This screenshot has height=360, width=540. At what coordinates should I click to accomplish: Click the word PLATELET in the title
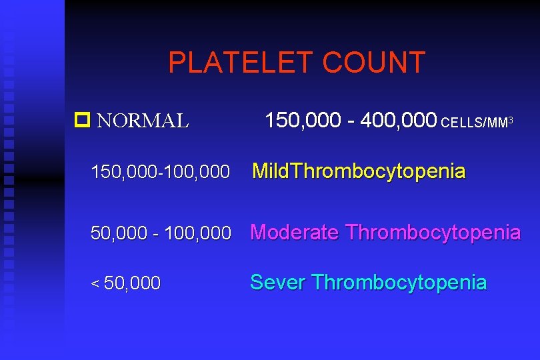[x=241, y=63]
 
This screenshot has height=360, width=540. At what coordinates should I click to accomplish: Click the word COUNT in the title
[x=374, y=63]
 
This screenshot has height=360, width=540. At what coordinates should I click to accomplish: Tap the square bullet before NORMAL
[x=83, y=121]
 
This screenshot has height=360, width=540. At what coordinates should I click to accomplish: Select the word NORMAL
[x=143, y=121]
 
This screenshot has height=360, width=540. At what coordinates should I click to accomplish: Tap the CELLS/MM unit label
[x=475, y=123]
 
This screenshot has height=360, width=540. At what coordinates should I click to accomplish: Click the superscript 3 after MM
[x=510, y=119]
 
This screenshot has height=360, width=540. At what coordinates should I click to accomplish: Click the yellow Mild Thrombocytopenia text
[x=359, y=171]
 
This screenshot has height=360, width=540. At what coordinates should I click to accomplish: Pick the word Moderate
[x=294, y=233]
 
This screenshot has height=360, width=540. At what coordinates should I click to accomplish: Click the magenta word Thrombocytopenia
[x=433, y=233]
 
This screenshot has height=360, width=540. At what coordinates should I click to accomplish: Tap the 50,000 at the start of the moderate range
[x=119, y=233]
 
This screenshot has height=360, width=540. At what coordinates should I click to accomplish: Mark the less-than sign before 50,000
[x=95, y=284]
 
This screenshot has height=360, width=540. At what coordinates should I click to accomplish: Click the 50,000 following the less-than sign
[x=132, y=283]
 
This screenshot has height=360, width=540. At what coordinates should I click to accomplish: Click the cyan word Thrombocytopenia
[x=399, y=282]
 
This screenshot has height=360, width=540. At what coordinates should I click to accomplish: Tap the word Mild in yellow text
[x=271, y=171]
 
